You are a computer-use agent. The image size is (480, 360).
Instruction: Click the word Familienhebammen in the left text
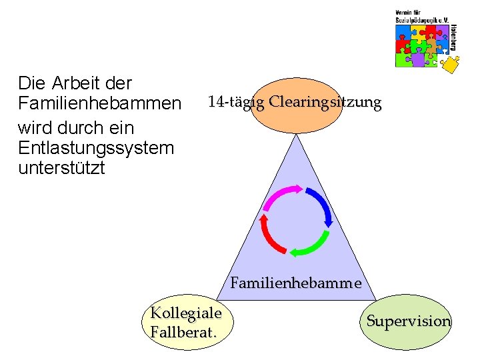(x=100, y=105)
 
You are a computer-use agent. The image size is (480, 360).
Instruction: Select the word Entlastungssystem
(x=97, y=147)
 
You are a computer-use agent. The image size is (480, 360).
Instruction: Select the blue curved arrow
(x=321, y=207)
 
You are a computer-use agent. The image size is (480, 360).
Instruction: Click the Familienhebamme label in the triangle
(x=296, y=283)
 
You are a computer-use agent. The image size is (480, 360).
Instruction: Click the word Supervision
(x=409, y=321)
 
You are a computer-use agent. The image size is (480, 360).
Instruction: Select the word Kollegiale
(x=186, y=313)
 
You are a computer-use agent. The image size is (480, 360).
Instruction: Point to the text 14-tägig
(x=237, y=103)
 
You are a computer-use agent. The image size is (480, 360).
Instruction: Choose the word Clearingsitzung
(x=325, y=103)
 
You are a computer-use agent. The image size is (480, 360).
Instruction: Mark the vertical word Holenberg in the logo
(x=455, y=39)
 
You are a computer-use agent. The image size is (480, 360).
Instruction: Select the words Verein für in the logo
(x=409, y=13)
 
